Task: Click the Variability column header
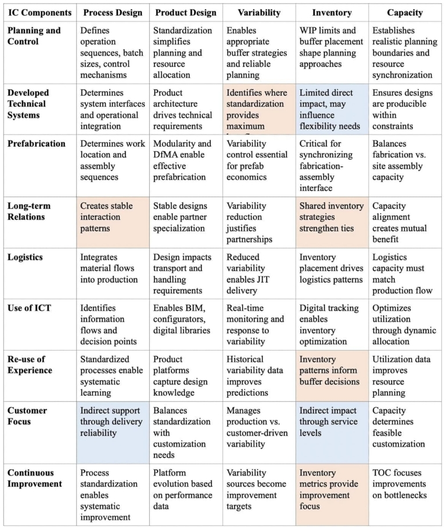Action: tap(258, 12)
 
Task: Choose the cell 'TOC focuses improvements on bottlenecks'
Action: tap(405, 483)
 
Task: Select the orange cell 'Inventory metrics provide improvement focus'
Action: tap(332, 489)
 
